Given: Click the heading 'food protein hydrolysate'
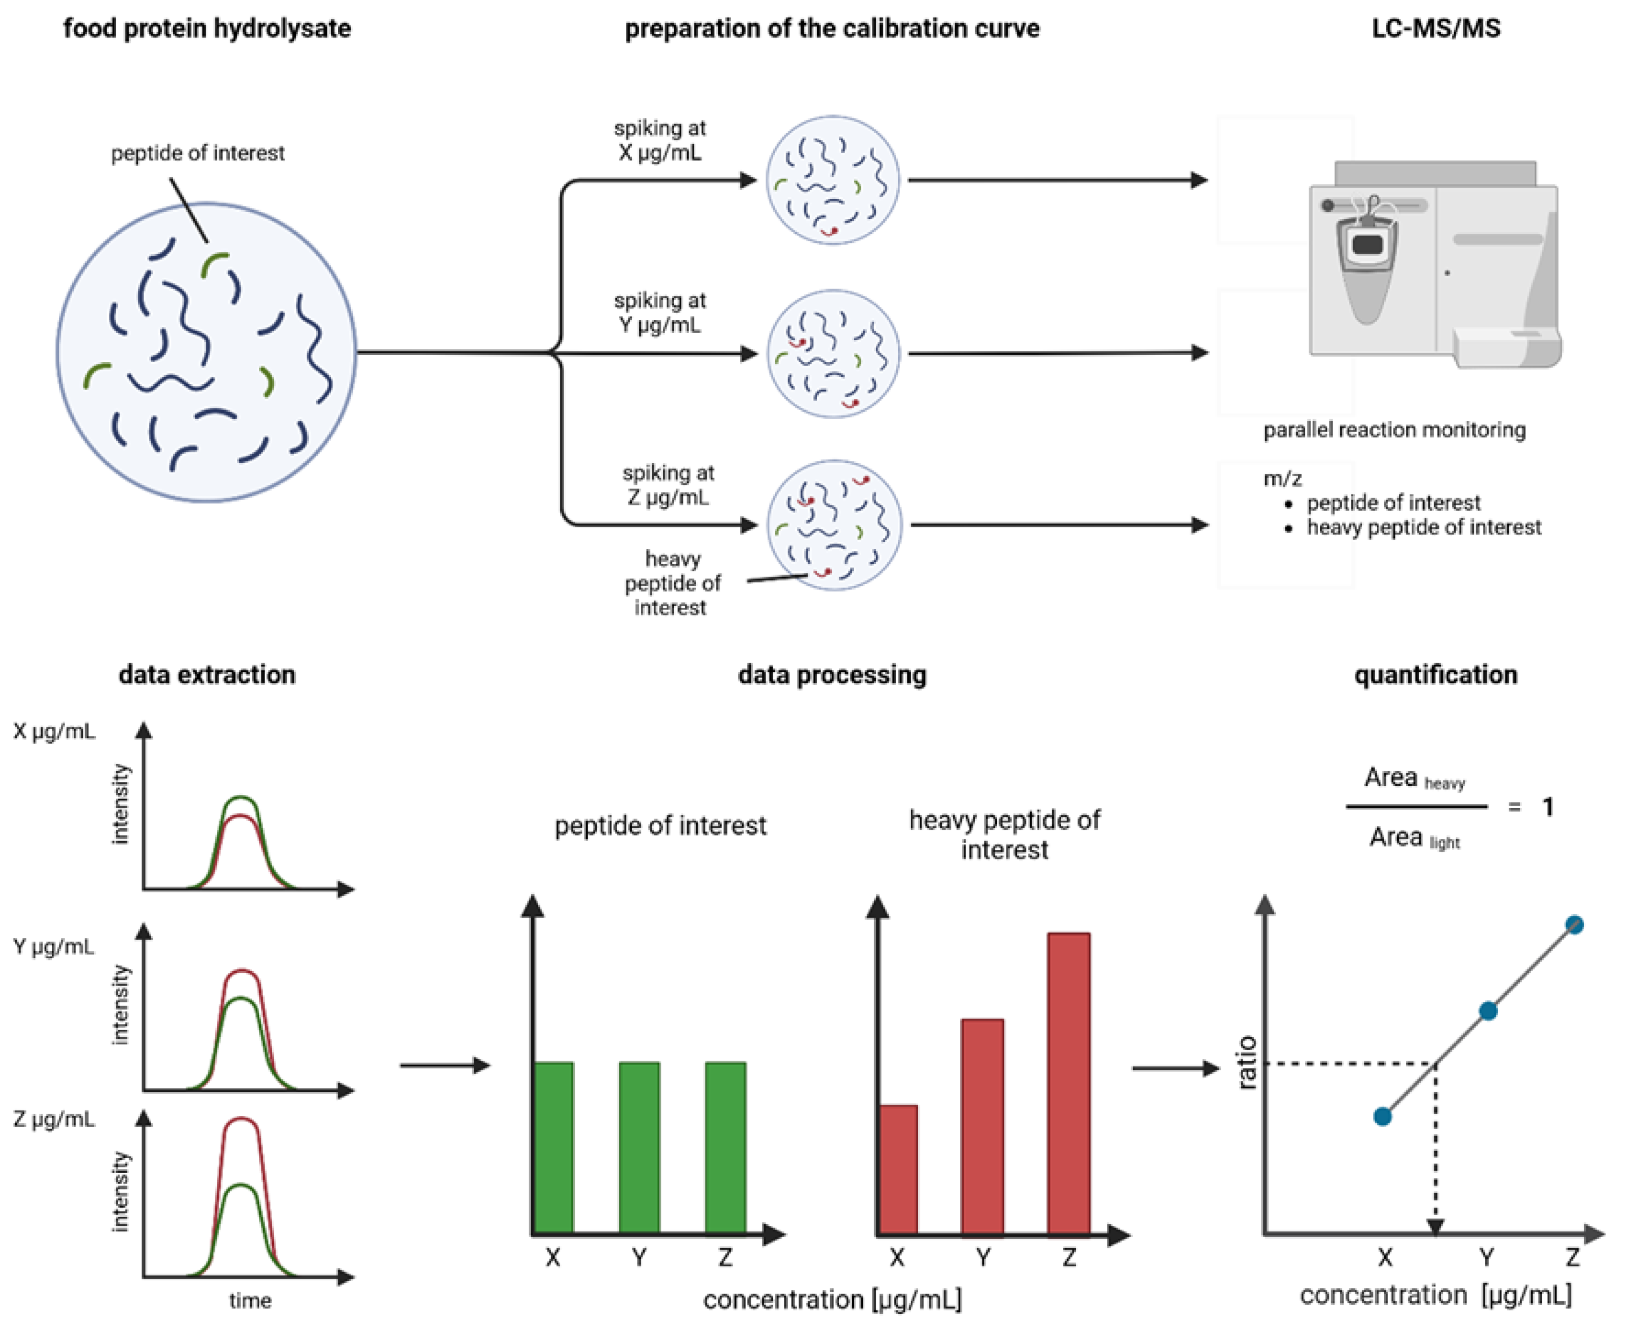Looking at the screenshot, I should point(207,28).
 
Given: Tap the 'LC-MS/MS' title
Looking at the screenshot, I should point(1435,28).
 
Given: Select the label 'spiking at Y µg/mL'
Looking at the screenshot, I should point(659,313).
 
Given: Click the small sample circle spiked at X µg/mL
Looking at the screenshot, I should point(833,180).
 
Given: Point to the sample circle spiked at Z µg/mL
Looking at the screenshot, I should point(835,525).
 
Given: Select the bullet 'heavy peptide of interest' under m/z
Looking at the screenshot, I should point(1423,527).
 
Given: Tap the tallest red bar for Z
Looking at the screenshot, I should point(1069,1083).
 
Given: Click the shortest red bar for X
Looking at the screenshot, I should point(898,1168).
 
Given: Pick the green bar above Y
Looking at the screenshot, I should point(639,1147).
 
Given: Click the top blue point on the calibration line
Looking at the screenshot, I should point(1574,925).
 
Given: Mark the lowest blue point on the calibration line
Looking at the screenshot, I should point(1382,1117).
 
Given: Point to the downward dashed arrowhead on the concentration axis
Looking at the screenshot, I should point(1435,1226).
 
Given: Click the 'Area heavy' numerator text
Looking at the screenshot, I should point(1413,779).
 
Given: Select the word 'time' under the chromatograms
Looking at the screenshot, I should point(250,1300).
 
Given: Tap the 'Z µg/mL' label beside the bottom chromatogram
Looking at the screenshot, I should point(54,1119).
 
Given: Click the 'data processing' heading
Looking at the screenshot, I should point(832,674).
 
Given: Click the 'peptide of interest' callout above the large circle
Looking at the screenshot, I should point(198,153).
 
